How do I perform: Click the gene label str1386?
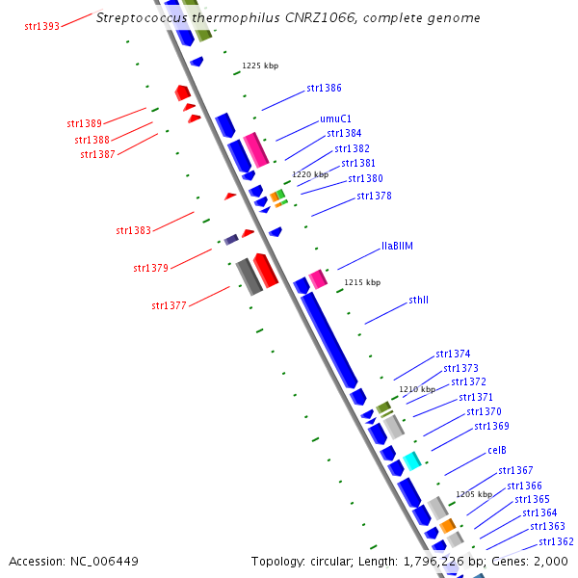coord(324,88)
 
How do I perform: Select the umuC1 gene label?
coord(334,118)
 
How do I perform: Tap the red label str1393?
coord(41,25)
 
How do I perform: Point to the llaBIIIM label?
coord(397,246)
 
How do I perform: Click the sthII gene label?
coord(418,300)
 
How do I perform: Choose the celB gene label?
coord(497,450)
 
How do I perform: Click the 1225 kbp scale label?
coord(260,66)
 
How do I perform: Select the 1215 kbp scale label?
coord(362,282)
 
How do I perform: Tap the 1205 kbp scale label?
coord(474,493)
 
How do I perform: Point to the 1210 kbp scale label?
coord(418,389)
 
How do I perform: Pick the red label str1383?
coord(133,230)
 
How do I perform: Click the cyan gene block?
coord(411,460)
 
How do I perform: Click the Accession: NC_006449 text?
coord(74,561)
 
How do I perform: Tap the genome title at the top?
coord(288,18)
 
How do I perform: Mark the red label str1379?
coord(150,267)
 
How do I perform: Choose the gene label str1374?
coord(453,354)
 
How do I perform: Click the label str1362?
coord(557,541)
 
